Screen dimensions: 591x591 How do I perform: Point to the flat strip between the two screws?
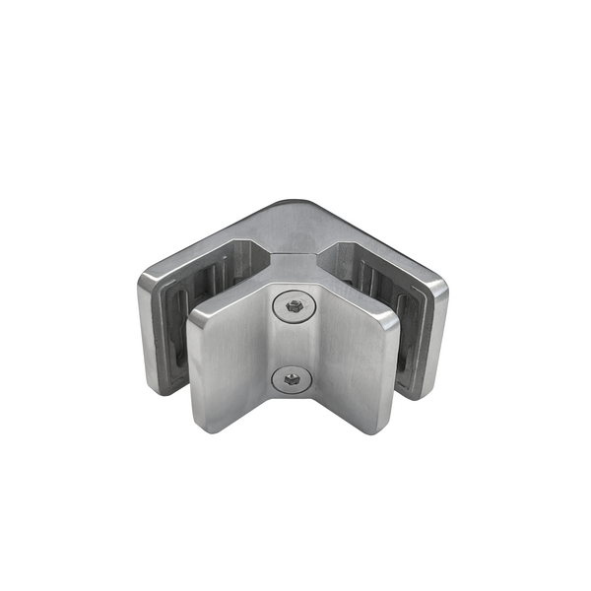pos(293,342)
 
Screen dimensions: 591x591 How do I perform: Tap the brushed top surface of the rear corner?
pos(293,227)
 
